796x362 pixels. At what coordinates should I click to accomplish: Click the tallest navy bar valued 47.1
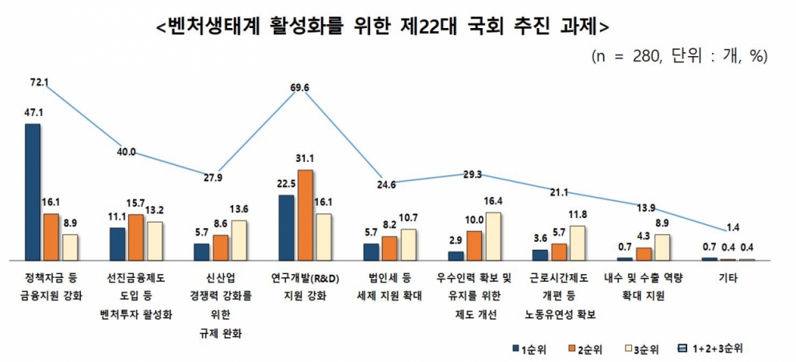pos(33,192)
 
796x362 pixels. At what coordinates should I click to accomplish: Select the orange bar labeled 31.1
pos(305,214)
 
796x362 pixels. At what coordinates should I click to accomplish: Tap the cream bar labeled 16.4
pos(493,236)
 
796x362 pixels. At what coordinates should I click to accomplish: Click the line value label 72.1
pos(39,82)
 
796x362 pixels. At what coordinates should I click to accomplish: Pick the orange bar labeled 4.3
pos(644,253)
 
